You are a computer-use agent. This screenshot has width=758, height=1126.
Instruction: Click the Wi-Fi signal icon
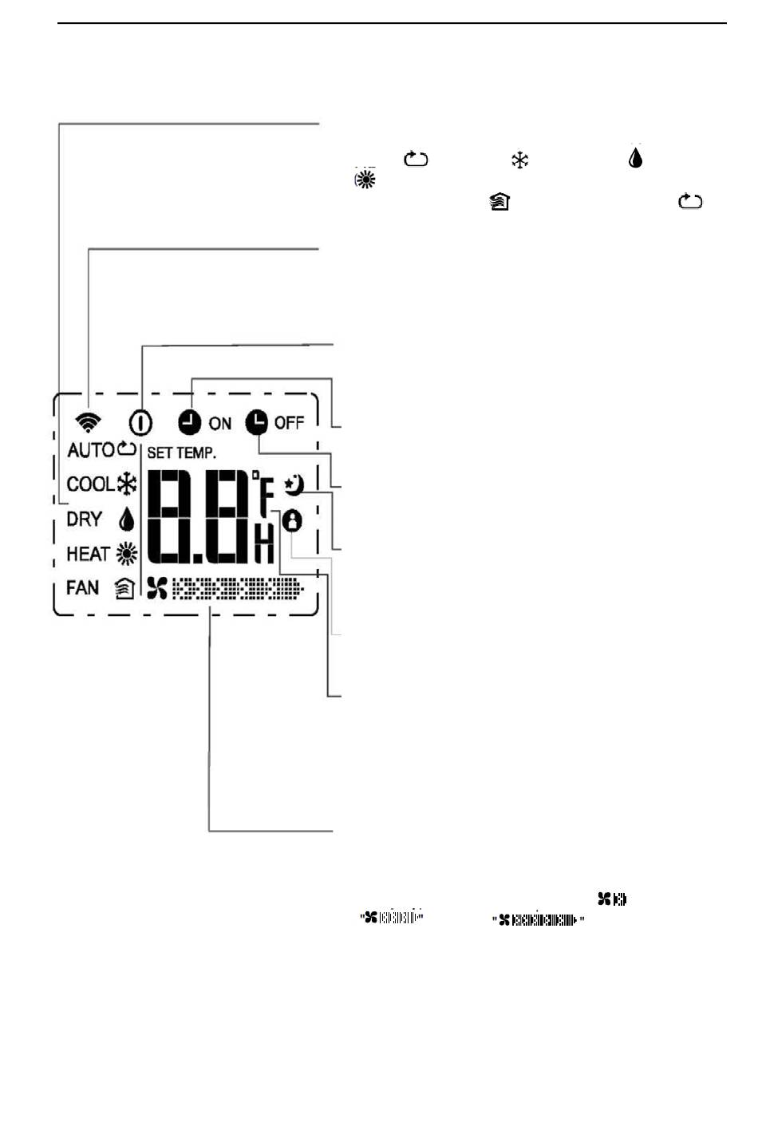pyautogui.click(x=88, y=422)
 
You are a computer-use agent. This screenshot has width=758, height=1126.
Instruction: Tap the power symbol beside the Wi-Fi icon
pyautogui.click(x=140, y=423)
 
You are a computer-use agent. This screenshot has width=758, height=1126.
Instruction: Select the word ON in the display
pyautogui.click(x=220, y=424)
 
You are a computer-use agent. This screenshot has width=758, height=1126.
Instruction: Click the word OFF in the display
pyautogui.click(x=289, y=423)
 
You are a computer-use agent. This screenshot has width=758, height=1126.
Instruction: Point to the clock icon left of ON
pyautogui.click(x=190, y=422)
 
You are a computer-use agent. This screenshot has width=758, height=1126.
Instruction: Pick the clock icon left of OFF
pyautogui.click(x=257, y=422)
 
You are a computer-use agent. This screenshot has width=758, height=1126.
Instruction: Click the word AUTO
pyautogui.click(x=91, y=450)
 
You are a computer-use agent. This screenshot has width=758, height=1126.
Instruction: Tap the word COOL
pyautogui.click(x=91, y=484)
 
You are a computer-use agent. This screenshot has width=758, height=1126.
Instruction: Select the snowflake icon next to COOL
pyautogui.click(x=127, y=484)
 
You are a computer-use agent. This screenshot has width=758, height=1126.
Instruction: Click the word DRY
pyautogui.click(x=85, y=520)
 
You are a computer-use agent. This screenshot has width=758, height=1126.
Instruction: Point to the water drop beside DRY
pyautogui.click(x=126, y=519)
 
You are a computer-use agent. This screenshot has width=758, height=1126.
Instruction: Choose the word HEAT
pyautogui.click(x=88, y=554)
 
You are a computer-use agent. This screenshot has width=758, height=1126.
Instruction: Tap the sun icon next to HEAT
pyautogui.click(x=127, y=554)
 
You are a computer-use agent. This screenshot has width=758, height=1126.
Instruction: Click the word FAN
pyautogui.click(x=82, y=587)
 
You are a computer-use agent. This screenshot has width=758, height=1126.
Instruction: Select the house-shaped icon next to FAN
pyautogui.click(x=124, y=588)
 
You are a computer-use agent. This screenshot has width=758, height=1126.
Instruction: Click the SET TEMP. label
pyautogui.click(x=181, y=453)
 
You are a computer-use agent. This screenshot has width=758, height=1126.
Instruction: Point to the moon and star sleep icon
pyautogui.click(x=294, y=485)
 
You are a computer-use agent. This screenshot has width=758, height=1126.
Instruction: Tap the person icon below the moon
pyautogui.click(x=292, y=521)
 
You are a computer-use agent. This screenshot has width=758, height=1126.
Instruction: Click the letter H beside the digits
pyautogui.click(x=264, y=543)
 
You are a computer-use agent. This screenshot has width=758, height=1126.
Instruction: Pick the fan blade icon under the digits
pyautogui.click(x=157, y=588)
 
